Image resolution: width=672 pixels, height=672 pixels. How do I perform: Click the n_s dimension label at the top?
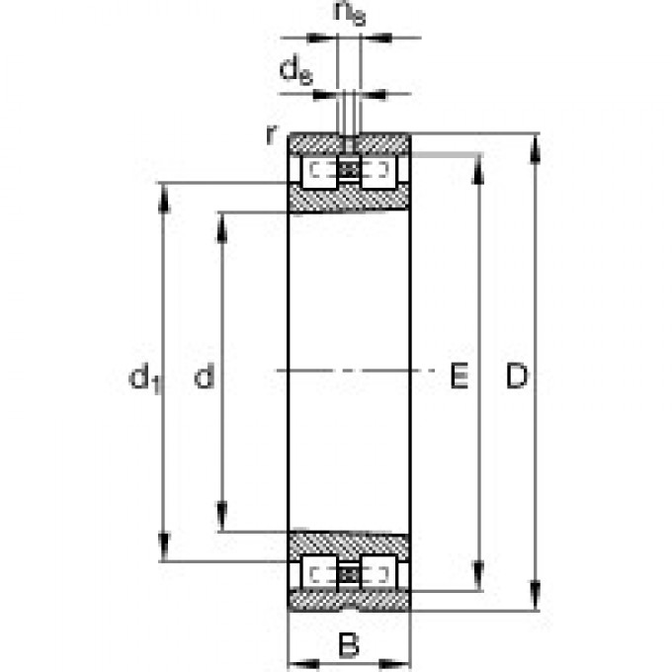[348, 13]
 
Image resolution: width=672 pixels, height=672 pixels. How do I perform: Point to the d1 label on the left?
[144, 377]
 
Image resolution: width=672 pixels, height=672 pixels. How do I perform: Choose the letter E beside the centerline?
[459, 376]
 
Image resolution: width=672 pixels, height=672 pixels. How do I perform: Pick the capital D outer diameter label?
[517, 376]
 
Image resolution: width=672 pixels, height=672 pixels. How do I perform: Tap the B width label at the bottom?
[348, 646]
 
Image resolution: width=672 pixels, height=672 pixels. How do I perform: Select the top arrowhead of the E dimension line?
[479, 164]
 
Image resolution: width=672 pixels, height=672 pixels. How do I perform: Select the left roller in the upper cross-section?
[318, 173]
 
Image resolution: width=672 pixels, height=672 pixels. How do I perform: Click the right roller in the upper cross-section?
[378, 173]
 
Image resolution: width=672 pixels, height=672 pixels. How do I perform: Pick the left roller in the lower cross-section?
[318, 572]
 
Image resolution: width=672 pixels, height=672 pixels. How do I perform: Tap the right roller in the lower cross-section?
[378, 572]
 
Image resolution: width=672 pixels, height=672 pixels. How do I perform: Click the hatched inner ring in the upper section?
[348, 200]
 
